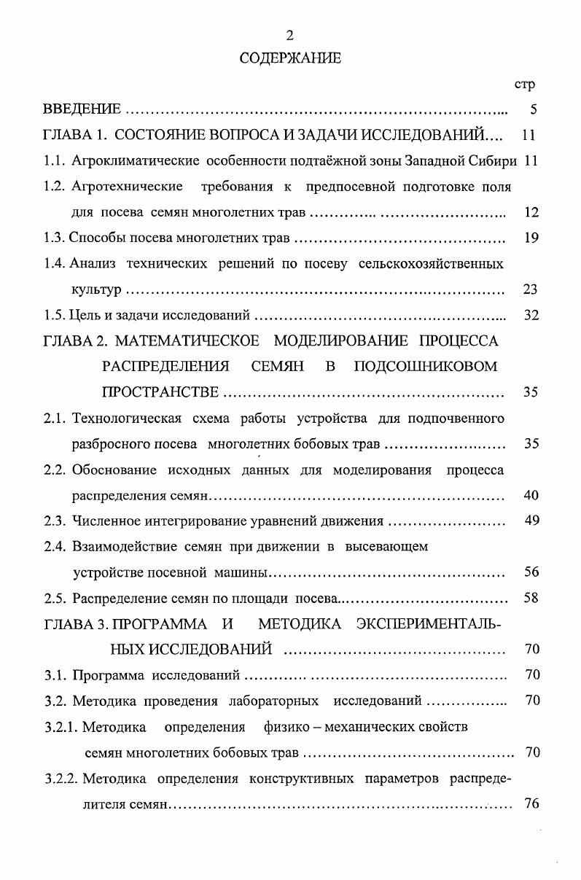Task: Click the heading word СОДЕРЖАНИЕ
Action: pos(290,59)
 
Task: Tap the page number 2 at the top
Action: pos(290,35)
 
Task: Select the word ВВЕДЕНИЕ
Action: pos(82,109)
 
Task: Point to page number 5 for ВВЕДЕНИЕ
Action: pos(534,110)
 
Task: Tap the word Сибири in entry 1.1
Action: pos(499,160)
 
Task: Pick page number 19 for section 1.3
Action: pos(531,237)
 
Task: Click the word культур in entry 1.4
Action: pos(96,290)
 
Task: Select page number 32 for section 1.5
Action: pos(531,316)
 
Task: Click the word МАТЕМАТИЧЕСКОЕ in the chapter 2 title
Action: pos(188,341)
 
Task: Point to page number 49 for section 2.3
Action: pos(531,521)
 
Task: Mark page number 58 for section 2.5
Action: pos(531,599)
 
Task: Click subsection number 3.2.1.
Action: pos(61,726)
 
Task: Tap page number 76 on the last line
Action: pos(531,804)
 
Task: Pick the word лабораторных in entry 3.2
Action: pos(274,701)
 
